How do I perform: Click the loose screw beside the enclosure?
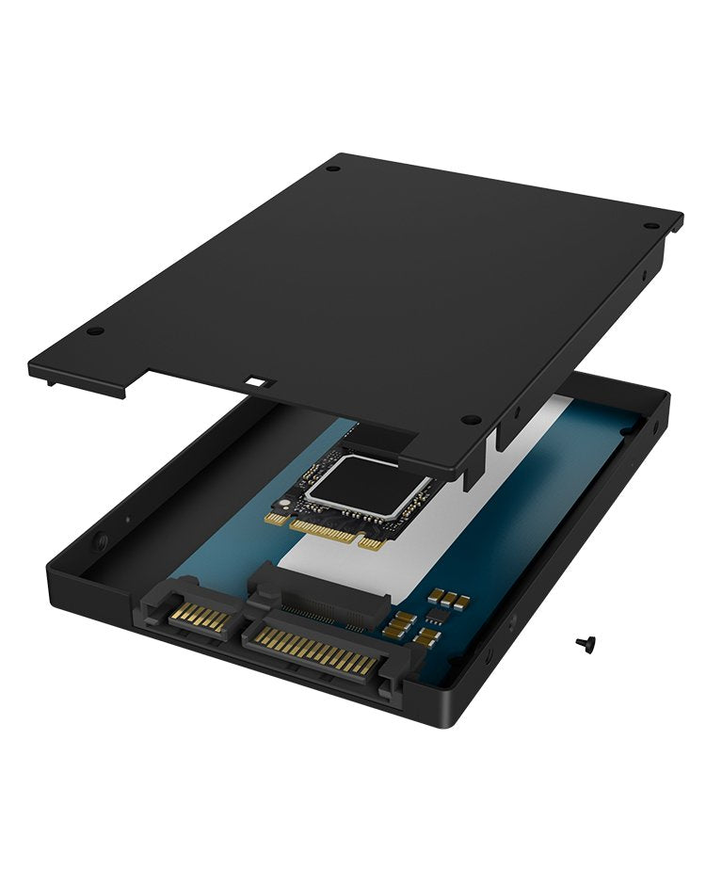point(585,643)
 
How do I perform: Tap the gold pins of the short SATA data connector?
point(200,619)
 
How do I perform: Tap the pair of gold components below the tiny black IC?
point(426,636)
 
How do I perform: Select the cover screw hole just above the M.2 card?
point(473,420)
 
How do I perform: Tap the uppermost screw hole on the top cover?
point(332,169)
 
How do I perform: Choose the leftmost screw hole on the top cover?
point(92,331)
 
